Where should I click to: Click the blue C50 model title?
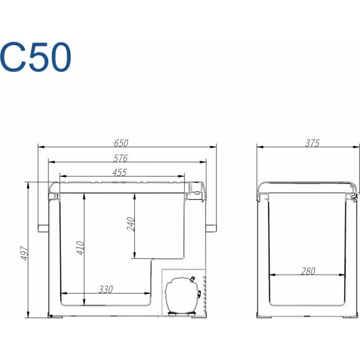(x=36, y=57)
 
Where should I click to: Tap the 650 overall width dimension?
(x=121, y=143)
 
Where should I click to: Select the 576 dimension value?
(x=121, y=158)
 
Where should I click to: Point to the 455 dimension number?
(x=119, y=172)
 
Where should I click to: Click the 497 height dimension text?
(x=24, y=253)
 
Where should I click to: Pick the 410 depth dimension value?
(x=81, y=248)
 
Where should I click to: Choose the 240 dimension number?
(x=130, y=224)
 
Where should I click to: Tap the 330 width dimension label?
(x=106, y=289)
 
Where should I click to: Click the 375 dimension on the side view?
(x=312, y=143)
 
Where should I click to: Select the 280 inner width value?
(x=308, y=271)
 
